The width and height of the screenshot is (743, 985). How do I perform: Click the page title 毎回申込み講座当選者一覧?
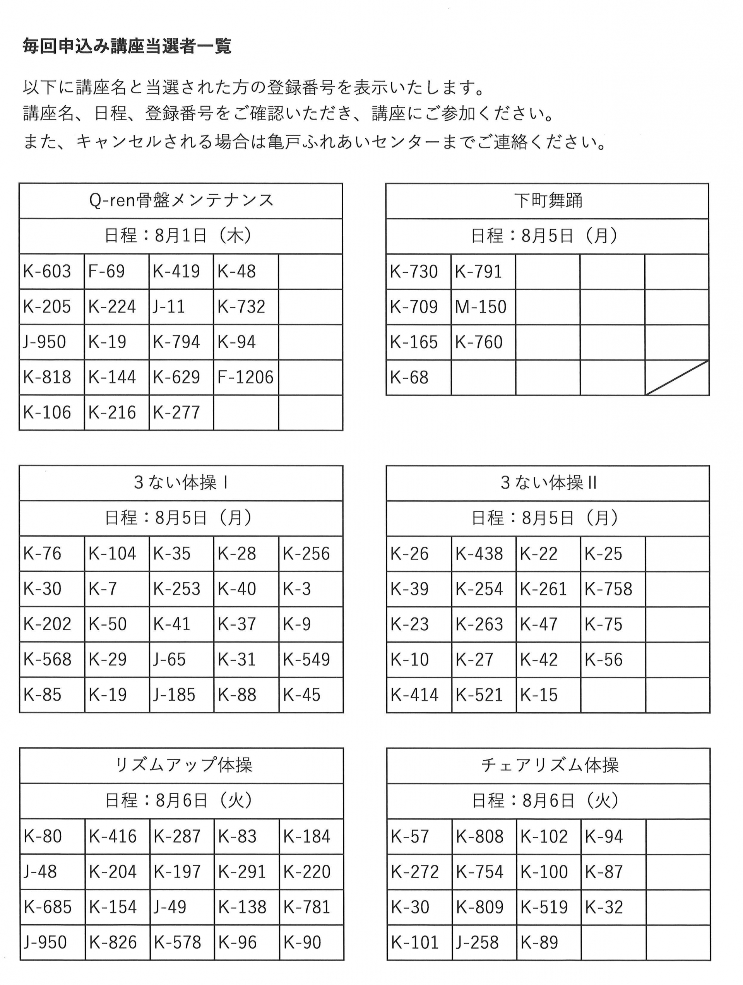pyautogui.click(x=127, y=46)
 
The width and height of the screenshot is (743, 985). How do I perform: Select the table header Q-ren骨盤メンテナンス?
pyautogui.click(x=181, y=200)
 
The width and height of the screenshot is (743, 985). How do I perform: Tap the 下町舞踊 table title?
pyautogui.click(x=548, y=200)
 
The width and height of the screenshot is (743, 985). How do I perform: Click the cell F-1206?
pyautogui.click(x=245, y=377)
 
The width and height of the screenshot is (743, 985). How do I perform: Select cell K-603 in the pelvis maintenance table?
pyautogui.click(x=47, y=271)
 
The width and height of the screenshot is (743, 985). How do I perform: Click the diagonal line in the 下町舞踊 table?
pyautogui.click(x=676, y=378)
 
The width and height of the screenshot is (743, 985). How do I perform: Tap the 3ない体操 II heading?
pyautogui.click(x=548, y=483)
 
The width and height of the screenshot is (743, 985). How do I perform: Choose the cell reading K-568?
pyautogui.click(x=48, y=660)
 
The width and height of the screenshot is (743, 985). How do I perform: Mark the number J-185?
pyautogui.click(x=174, y=695)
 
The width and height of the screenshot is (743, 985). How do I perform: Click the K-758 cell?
pyautogui.click(x=608, y=589)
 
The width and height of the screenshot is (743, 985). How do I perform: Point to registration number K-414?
pyautogui.click(x=414, y=695)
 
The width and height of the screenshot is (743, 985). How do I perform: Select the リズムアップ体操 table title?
pyautogui.click(x=183, y=765)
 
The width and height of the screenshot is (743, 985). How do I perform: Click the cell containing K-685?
pyautogui.click(x=48, y=907)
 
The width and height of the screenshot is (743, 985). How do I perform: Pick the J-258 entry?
pyautogui.click(x=477, y=942)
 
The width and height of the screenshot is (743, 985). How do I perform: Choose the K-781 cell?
pyautogui.click(x=307, y=907)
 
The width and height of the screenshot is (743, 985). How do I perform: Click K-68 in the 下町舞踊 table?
pyautogui.click(x=409, y=378)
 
